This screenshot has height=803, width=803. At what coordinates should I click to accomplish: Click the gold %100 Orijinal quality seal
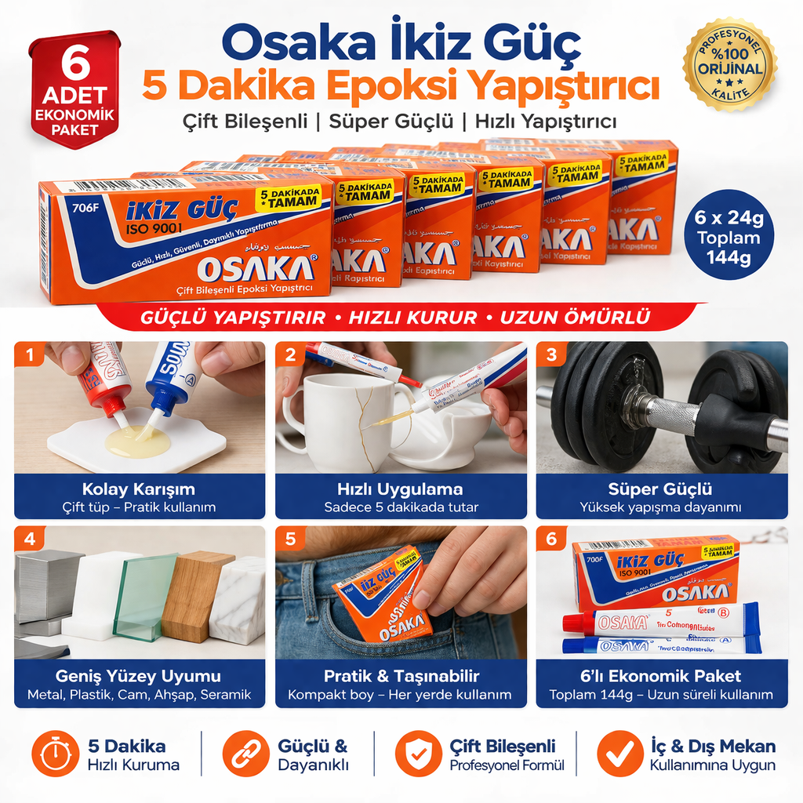pyautogui.click(x=729, y=66)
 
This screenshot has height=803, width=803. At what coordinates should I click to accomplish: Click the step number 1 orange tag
pyautogui.click(x=30, y=355)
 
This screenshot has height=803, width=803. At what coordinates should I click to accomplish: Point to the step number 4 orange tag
pyautogui.click(x=30, y=539)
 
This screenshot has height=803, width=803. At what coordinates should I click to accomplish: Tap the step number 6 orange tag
pyautogui.click(x=551, y=539)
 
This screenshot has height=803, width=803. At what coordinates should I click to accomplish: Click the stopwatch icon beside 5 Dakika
pyautogui.click(x=56, y=754)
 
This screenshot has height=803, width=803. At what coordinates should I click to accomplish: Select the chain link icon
pyautogui.click(x=245, y=754)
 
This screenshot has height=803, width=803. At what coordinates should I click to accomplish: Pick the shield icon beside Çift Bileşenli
pyautogui.click(x=418, y=754)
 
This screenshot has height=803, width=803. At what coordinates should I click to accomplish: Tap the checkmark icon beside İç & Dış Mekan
pyautogui.click(x=620, y=754)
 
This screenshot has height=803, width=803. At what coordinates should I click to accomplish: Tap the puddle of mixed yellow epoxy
pyautogui.click(x=138, y=441)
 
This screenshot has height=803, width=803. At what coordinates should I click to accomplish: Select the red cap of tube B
pyautogui.click(x=577, y=622)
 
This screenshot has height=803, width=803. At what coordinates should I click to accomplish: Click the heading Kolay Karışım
pyautogui.click(x=139, y=489)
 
